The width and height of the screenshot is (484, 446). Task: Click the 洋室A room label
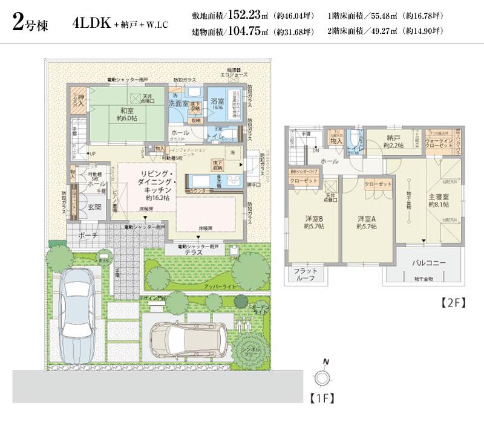click(x=367, y=222)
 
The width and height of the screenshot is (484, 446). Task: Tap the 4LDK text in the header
click(x=90, y=24)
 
